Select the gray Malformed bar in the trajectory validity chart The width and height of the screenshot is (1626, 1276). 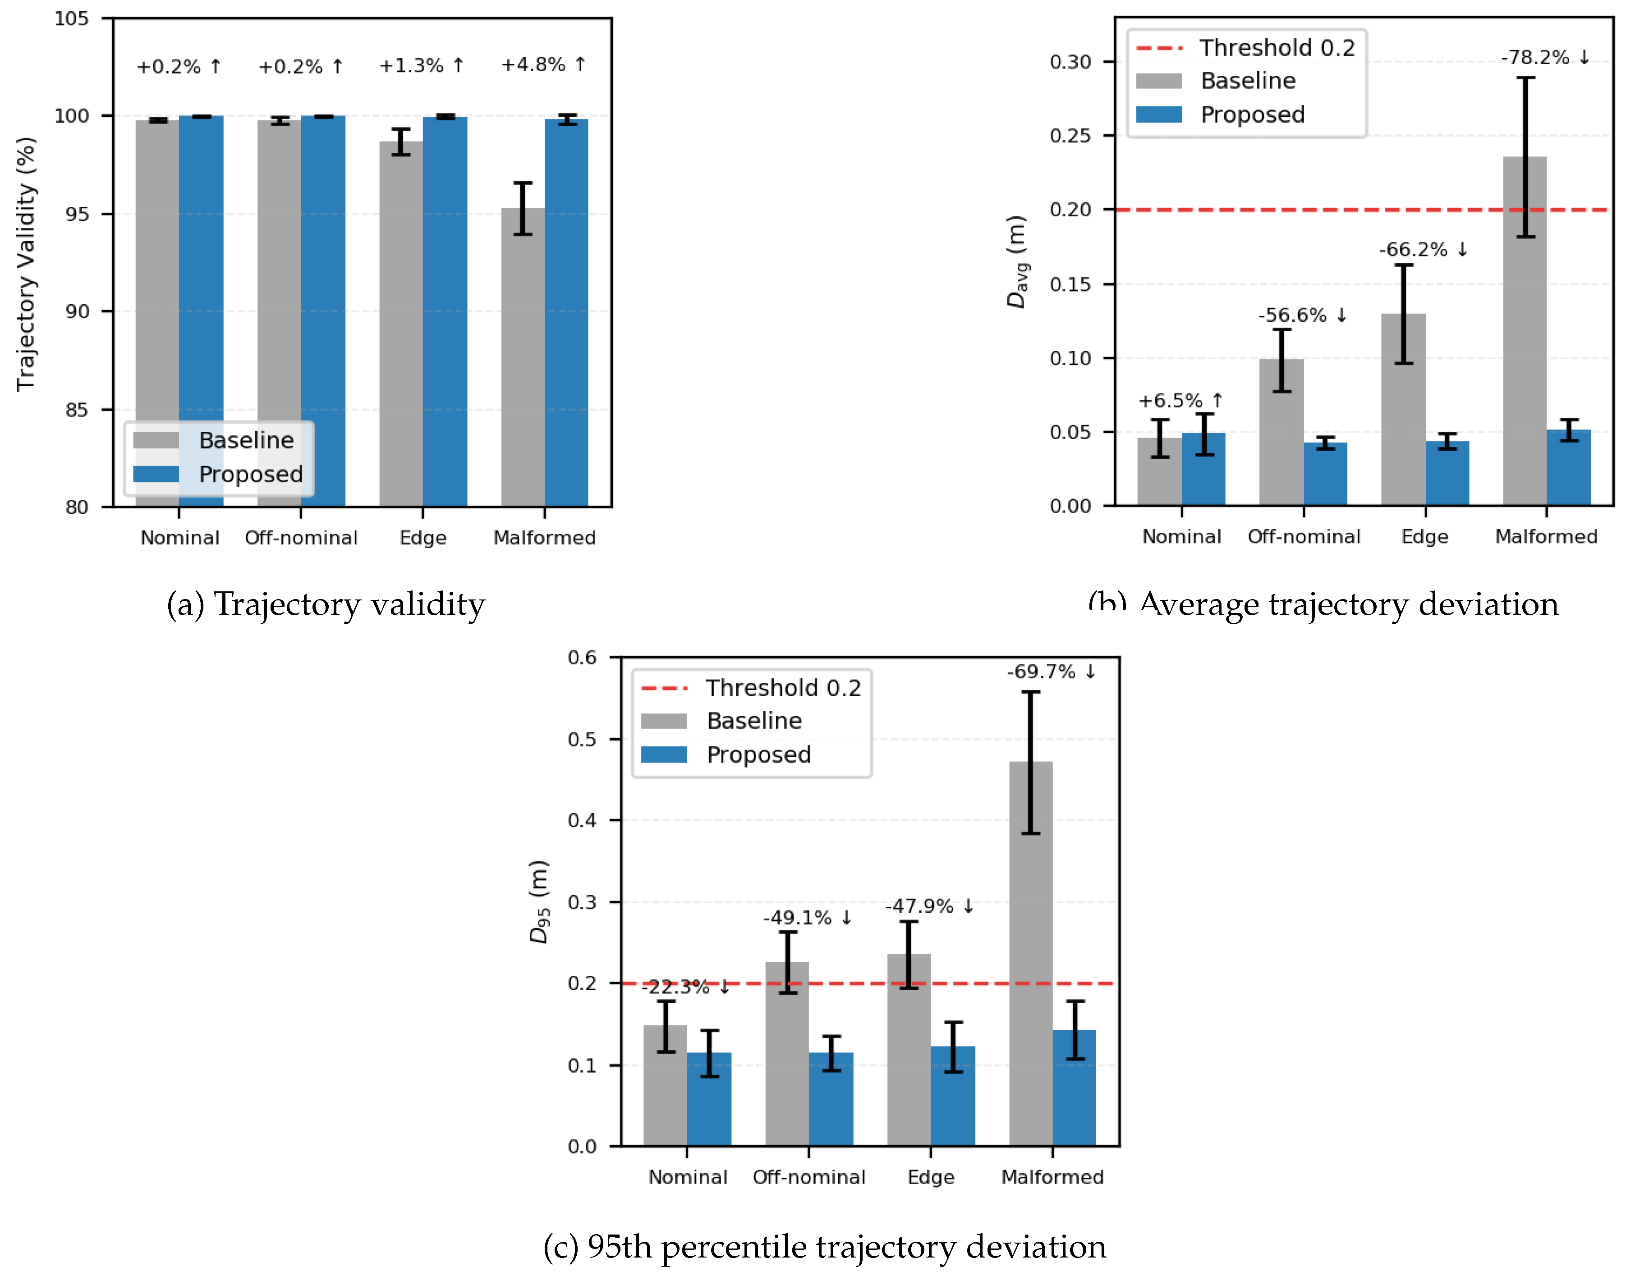522,359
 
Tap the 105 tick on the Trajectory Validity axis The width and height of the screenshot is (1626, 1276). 72,18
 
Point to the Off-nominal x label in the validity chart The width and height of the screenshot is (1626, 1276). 301,538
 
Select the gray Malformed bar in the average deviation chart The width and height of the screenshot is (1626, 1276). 1525,336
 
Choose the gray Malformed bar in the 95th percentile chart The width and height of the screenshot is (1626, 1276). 1030,956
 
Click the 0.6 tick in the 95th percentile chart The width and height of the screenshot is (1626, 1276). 582,658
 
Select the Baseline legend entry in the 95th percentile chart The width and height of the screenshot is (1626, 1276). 753,721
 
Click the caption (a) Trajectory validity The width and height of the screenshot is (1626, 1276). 326,604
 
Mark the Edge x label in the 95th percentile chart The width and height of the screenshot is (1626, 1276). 930,1177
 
